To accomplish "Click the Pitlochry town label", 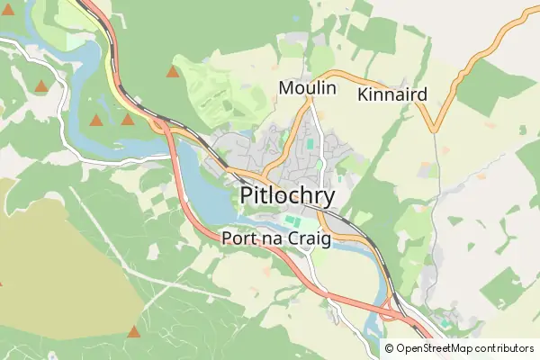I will click(x=287, y=196).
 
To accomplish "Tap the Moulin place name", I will click(x=307, y=88).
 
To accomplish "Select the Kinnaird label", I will click(x=391, y=94).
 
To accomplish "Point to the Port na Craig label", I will click(x=276, y=239).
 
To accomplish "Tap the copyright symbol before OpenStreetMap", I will click(x=389, y=348).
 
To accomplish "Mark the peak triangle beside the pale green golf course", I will click(x=173, y=71).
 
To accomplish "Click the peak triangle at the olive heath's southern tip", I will click(x=134, y=332).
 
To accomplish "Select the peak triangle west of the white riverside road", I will click(x=40, y=87).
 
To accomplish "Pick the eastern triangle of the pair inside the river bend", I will click(x=128, y=119).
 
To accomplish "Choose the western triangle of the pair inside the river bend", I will click(x=96, y=120).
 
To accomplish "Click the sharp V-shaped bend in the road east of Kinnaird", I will click(x=434, y=129).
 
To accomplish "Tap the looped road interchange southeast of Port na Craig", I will click(x=390, y=311).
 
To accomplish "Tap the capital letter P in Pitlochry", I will click(x=248, y=196).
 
